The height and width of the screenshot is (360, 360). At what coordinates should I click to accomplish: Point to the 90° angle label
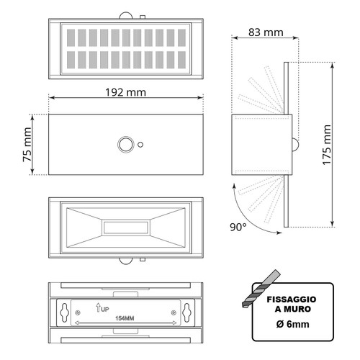(x=238, y=228)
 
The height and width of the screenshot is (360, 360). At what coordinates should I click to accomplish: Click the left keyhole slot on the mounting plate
(x=67, y=313)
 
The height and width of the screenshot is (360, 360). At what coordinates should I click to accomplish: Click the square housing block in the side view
(x=260, y=144)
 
